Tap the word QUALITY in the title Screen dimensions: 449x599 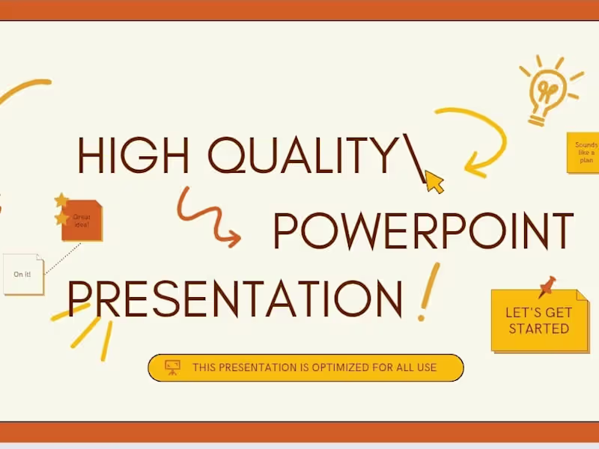pyautogui.click(x=299, y=156)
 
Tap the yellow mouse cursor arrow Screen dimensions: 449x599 pyautogui.click(x=434, y=181)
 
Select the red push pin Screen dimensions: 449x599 pyautogui.click(x=547, y=286)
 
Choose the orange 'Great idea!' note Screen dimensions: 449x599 pyautogui.click(x=82, y=222)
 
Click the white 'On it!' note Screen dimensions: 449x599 pyautogui.click(x=22, y=274)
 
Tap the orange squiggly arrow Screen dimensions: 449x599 pyautogui.click(x=207, y=217)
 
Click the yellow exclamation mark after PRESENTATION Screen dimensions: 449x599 pyautogui.click(x=428, y=292)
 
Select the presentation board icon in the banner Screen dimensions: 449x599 pyautogui.click(x=173, y=367)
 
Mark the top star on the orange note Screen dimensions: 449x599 pyautogui.click(x=61, y=201)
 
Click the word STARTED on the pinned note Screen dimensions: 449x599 pyautogui.click(x=538, y=329)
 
